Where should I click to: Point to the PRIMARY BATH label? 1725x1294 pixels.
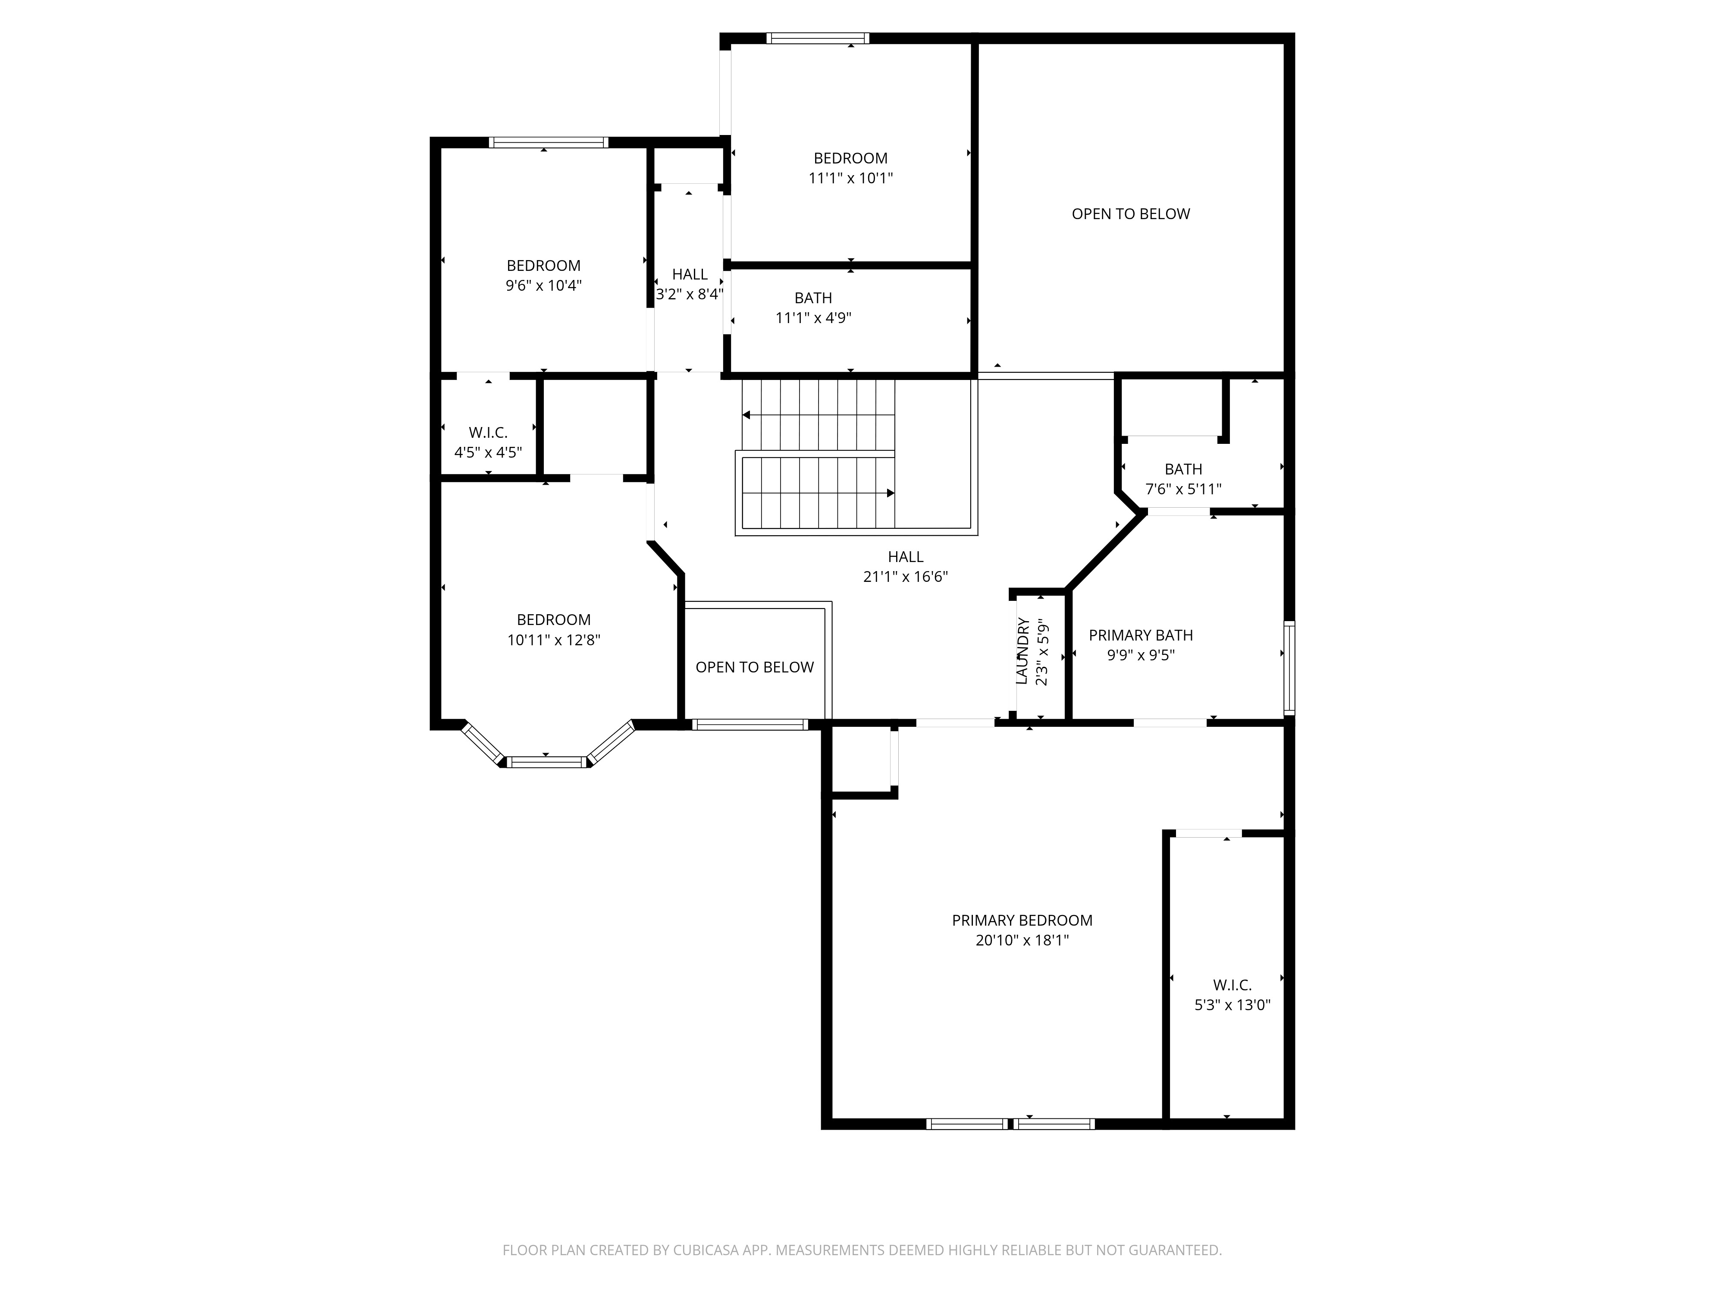[1141, 636]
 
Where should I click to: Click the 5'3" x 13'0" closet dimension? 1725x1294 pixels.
[1232, 1005]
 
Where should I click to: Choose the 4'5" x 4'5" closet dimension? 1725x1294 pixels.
[488, 452]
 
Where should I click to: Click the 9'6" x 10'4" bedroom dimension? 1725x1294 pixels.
[543, 286]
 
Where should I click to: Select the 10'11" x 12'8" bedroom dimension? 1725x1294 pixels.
[554, 641]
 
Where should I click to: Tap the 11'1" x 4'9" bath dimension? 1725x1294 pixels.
[813, 318]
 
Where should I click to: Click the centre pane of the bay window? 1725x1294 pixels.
[546, 762]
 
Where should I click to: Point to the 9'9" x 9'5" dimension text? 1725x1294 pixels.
[1141, 656]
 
